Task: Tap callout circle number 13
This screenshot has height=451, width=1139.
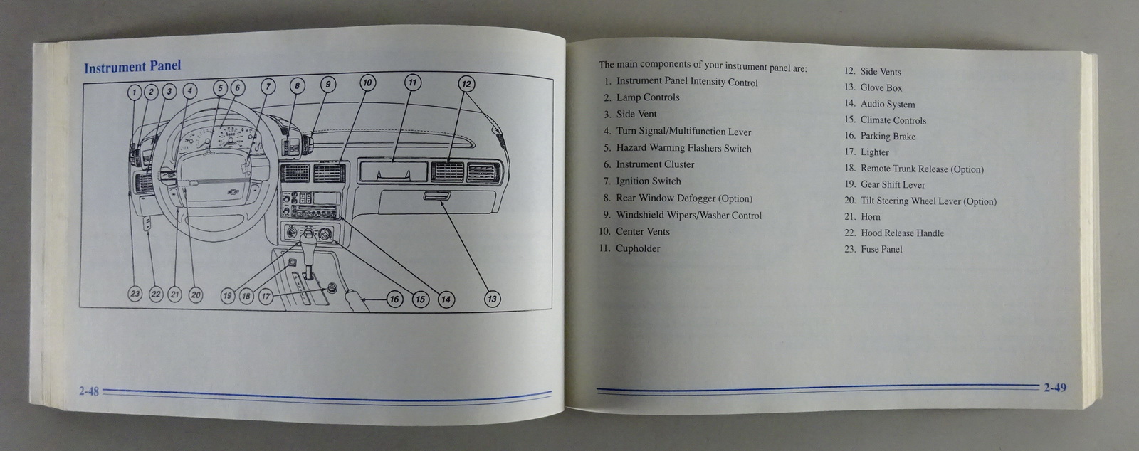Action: tap(492, 299)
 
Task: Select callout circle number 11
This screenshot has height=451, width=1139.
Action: tap(412, 83)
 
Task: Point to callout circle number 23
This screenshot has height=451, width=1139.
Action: tap(135, 294)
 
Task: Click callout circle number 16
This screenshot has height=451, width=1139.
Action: tap(394, 299)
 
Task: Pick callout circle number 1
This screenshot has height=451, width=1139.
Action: tap(135, 91)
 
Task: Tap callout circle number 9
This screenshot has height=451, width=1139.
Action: tap(327, 85)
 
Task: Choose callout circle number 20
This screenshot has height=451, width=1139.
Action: tap(196, 295)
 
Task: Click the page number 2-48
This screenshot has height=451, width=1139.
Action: tap(89, 391)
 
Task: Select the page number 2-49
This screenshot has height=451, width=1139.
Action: tap(1055, 388)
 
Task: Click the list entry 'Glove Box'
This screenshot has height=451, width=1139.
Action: tap(881, 87)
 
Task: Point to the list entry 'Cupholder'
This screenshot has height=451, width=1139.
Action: tap(637, 248)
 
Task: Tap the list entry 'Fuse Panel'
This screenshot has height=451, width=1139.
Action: tap(881, 249)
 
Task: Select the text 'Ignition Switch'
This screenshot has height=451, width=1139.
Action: tap(648, 181)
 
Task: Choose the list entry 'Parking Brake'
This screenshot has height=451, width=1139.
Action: tap(888, 136)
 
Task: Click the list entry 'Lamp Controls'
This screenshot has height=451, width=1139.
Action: tap(647, 97)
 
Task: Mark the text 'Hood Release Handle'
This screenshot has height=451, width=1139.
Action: tap(902, 233)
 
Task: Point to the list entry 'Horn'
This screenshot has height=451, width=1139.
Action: tap(870, 217)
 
